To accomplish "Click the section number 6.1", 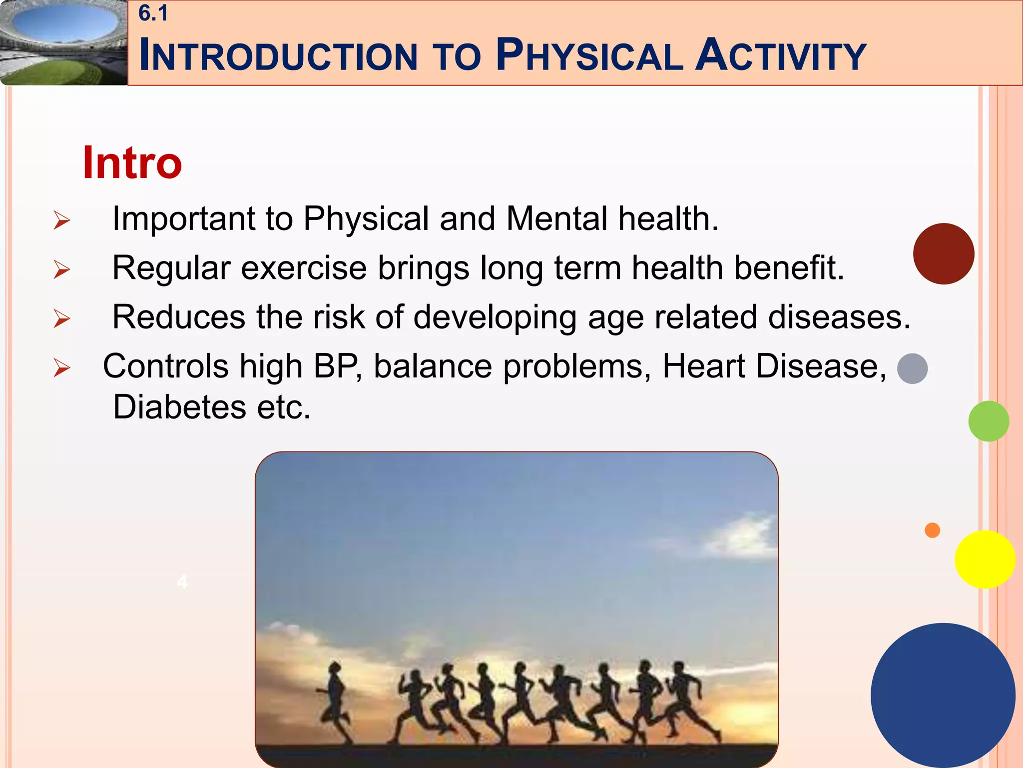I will [153, 13].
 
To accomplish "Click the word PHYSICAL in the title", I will [589, 55].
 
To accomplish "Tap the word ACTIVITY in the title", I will [781, 55].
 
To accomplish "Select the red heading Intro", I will [132, 162].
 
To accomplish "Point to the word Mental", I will [556, 219].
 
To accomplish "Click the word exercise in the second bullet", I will [304, 268].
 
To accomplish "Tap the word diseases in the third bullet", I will [839, 317].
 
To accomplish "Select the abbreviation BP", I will [336, 366].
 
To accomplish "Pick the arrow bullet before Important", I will [62, 220].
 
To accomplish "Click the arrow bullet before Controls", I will [62, 368].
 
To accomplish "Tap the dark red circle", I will [943, 254].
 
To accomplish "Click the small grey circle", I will [912, 368].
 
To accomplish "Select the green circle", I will [988, 421].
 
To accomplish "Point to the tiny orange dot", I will [932, 530].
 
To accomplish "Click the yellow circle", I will [985, 559].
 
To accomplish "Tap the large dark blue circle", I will [943, 695].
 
